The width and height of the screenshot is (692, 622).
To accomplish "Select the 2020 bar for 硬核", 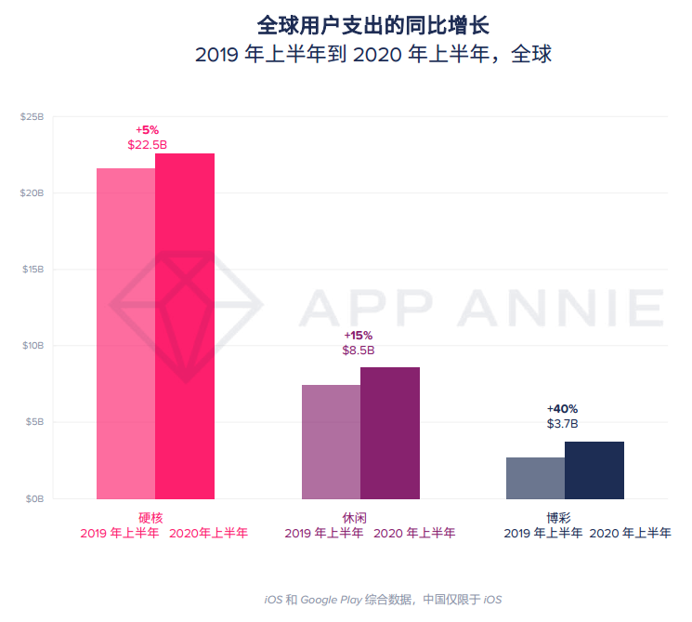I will tap(185, 325).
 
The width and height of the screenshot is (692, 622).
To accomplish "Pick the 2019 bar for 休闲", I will tap(331, 442).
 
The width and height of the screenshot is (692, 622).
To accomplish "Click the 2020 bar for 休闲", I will tap(390, 433).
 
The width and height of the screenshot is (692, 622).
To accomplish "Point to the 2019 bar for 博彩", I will tap(535, 478).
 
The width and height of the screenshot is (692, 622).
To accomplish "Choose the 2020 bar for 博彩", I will tap(594, 470).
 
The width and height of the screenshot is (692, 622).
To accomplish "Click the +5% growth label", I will tap(147, 130).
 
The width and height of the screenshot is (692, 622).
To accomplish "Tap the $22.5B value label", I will tap(147, 145).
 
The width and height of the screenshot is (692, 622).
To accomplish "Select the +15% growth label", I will tap(358, 335).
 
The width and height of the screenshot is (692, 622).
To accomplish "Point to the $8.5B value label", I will tap(359, 351).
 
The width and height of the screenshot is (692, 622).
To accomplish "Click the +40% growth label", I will tap(562, 408).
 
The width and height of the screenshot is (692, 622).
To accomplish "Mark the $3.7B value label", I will tap(562, 424).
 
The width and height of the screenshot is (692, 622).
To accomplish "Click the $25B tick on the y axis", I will tap(33, 117).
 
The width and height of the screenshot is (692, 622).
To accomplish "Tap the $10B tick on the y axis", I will tap(33, 346).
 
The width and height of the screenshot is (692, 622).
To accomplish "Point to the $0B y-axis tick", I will tap(34, 499).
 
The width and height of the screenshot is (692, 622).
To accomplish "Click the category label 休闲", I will tap(355, 517).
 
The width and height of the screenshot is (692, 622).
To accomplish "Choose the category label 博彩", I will tap(559, 517).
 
